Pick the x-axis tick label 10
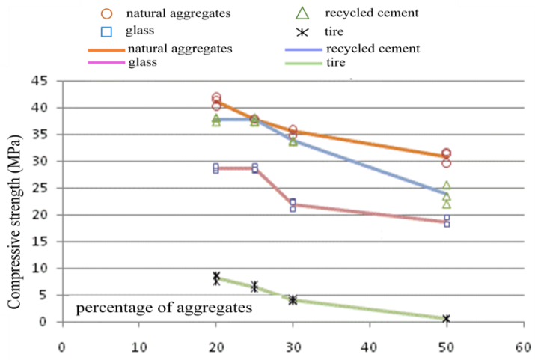point(139,347)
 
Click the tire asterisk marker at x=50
point(447,319)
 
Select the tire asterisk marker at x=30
point(293,300)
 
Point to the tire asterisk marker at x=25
point(255,287)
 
